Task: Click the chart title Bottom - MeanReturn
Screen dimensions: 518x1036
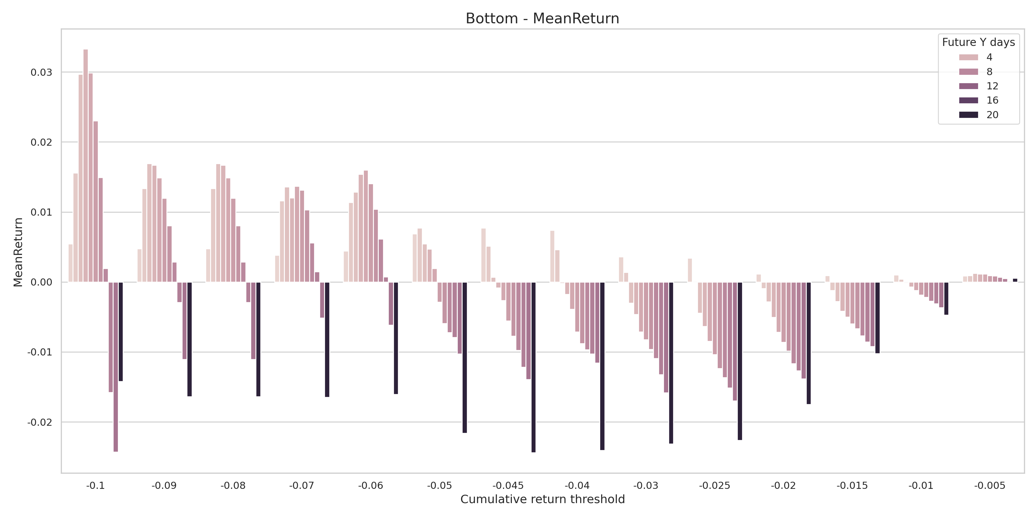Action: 542,18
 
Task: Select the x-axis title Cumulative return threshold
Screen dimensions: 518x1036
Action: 542,499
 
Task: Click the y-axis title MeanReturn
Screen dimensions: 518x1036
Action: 18,252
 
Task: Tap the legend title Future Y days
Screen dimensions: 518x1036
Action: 978,42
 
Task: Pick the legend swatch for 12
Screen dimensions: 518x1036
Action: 968,86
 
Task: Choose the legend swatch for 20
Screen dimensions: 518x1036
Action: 968,115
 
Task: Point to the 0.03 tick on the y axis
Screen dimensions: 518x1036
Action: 41,73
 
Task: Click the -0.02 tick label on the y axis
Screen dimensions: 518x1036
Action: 40,422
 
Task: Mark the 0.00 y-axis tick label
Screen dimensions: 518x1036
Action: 41,282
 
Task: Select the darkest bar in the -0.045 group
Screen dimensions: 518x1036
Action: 533,367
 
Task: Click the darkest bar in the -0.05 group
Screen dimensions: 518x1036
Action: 465,357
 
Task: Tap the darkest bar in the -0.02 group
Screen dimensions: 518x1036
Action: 809,343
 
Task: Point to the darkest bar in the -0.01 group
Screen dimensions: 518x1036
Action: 946,298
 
